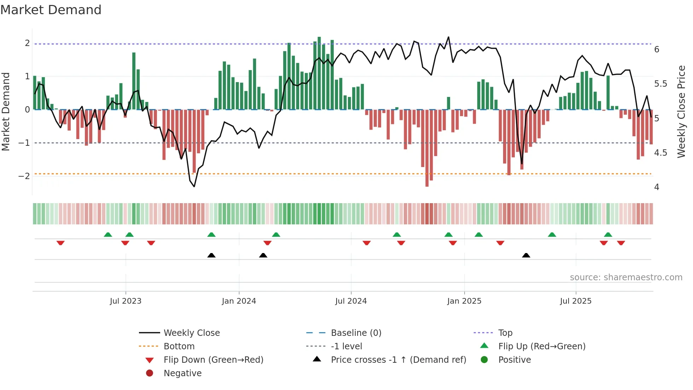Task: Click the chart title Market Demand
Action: coord(51,10)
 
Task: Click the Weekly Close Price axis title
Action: coord(681,111)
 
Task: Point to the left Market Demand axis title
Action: coord(6,111)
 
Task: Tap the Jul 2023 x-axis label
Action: coord(126,301)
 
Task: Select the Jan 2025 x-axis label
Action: coord(464,301)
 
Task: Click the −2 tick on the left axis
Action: coord(24,176)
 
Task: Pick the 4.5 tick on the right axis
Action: coord(660,153)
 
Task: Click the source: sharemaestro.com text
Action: coord(626,277)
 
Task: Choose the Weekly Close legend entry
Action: coord(191,333)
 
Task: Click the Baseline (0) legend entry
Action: coord(356,333)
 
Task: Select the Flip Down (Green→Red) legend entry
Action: coord(213,360)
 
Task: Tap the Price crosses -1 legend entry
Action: coord(398,360)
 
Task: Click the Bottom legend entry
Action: coord(179,346)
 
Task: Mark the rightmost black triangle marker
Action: coord(526,255)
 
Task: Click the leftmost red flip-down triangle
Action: coord(60,243)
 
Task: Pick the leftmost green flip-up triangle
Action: coord(108,235)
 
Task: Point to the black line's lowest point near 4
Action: coord(194,187)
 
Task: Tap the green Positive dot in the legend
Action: coord(484,360)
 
